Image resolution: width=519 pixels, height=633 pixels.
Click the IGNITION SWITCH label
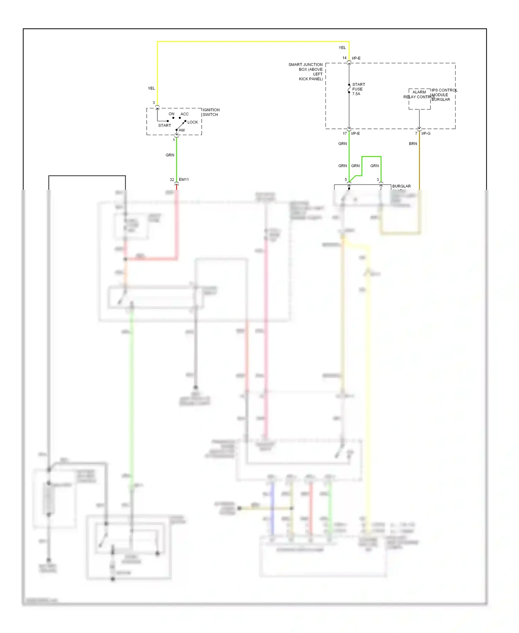click(211, 112)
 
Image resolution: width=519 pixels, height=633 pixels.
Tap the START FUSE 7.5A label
click(358, 89)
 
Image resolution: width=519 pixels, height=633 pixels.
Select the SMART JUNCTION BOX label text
click(306, 72)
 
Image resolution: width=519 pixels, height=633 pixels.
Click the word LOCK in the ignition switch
click(193, 122)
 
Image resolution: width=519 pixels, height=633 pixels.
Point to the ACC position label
click(184, 114)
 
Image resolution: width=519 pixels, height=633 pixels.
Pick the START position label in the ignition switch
click(164, 125)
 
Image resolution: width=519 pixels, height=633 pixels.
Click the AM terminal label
click(182, 130)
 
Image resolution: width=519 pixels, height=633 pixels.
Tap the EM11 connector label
click(184, 179)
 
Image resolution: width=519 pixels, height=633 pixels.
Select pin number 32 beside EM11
click(172, 179)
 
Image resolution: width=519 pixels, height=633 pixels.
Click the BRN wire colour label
click(413, 143)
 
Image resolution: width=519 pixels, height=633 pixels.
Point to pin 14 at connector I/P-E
click(344, 58)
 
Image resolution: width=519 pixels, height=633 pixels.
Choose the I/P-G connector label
click(426, 133)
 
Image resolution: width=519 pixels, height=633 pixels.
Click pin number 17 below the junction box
click(345, 133)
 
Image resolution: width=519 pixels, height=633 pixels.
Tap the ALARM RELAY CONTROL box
click(419, 99)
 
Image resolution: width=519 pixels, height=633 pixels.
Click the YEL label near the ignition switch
click(151, 88)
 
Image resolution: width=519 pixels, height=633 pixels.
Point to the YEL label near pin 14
click(342, 47)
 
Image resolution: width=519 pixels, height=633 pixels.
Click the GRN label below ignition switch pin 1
click(170, 155)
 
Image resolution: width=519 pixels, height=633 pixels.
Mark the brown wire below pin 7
click(419, 163)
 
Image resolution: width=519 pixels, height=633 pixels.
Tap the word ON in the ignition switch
click(171, 114)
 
